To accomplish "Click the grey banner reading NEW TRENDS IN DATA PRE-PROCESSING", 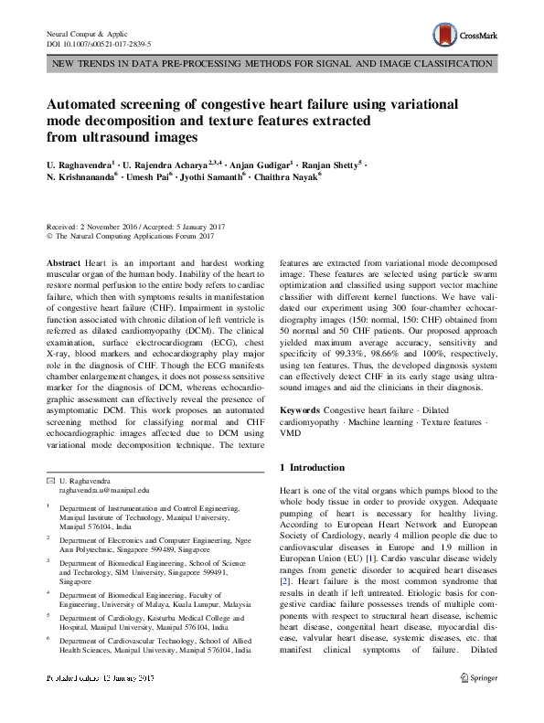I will (272, 64).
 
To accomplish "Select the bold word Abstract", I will (63, 262).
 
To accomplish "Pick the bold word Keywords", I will (300, 411).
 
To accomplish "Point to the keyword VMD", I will (290, 434).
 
